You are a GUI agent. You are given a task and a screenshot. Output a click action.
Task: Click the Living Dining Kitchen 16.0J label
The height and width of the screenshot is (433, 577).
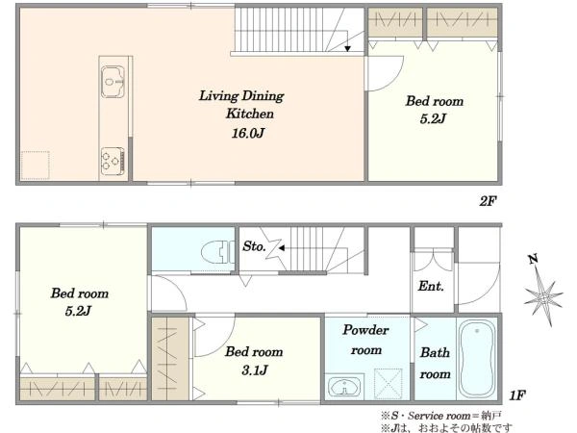241,115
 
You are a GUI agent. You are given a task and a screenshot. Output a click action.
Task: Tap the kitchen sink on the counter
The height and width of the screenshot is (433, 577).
113,82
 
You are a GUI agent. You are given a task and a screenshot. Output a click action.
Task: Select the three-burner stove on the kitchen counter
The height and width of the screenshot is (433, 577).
113,162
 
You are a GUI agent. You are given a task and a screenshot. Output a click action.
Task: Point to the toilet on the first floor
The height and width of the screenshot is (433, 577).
217,252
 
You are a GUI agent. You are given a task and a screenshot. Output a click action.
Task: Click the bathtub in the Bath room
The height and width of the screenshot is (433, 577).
477,359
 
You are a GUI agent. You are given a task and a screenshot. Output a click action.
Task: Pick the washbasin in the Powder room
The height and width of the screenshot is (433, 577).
344,386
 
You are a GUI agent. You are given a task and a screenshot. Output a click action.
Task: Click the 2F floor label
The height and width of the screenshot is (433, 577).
488,201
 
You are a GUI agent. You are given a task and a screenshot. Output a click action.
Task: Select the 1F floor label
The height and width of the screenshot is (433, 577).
517,395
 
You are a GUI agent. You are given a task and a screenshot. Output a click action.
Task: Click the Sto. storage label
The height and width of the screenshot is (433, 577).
254,246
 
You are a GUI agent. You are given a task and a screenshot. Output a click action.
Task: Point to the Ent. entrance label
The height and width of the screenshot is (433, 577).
431,286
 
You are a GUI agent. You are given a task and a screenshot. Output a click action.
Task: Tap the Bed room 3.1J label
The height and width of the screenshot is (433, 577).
254,361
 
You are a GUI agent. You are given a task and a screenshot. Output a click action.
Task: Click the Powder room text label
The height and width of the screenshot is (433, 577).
365,340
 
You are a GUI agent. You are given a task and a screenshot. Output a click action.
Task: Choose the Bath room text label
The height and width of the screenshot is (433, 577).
435,364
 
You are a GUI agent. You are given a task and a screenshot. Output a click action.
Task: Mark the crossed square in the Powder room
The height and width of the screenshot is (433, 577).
389,383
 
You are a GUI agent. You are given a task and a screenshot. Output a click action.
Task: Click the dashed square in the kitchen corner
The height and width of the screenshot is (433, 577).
36,166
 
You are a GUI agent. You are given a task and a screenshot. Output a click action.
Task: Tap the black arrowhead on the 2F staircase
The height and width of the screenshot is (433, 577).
347,49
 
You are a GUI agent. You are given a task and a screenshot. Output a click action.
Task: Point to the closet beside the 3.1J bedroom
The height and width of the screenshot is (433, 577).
170,359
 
